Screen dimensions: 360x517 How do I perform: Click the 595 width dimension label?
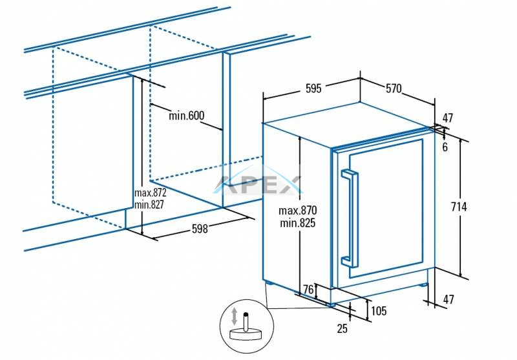[x=313, y=89]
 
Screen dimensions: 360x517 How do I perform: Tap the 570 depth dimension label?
[x=394, y=89]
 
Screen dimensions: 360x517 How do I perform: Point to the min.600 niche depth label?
[x=187, y=116]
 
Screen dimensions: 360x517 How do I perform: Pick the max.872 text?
[x=151, y=193]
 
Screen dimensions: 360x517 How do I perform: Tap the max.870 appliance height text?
[x=298, y=211]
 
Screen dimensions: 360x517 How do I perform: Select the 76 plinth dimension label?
[x=308, y=291]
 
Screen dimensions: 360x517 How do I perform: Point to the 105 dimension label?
[x=379, y=312]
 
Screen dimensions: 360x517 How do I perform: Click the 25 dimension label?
[x=343, y=328]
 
